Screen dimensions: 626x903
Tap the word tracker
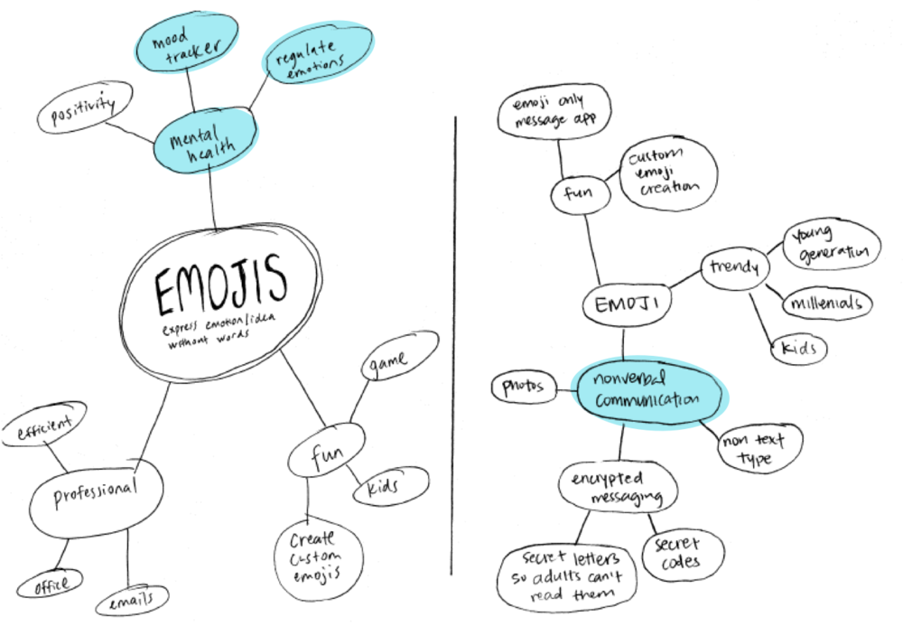coord(193,54)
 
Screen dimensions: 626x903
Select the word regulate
coord(306,52)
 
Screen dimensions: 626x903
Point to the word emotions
coord(315,67)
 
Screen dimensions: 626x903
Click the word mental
coord(193,137)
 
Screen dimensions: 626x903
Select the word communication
coord(647,399)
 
